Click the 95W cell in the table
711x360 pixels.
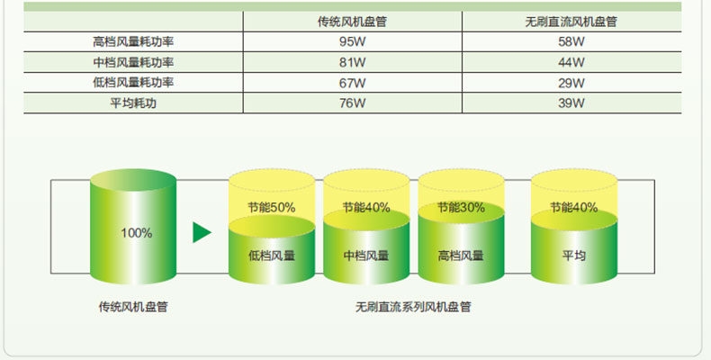point(352,41)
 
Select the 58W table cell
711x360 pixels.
point(571,41)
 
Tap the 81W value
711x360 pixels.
point(352,62)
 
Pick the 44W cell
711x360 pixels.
point(571,62)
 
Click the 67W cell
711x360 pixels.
point(352,83)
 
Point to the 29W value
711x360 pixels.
point(571,83)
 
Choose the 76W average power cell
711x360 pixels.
point(352,103)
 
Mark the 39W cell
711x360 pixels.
point(571,103)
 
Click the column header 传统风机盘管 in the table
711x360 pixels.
point(352,21)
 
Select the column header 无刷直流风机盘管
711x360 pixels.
point(571,21)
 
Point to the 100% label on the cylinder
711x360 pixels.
point(136,233)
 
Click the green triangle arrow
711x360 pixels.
point(202,232)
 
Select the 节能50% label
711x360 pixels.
point(271,207)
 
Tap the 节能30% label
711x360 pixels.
point(461,207)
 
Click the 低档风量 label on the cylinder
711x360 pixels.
point(271,256)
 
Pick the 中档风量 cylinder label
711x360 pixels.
point(365,256)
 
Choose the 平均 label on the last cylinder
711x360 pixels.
point(573,256)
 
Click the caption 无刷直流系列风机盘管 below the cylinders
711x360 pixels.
point(413,307)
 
